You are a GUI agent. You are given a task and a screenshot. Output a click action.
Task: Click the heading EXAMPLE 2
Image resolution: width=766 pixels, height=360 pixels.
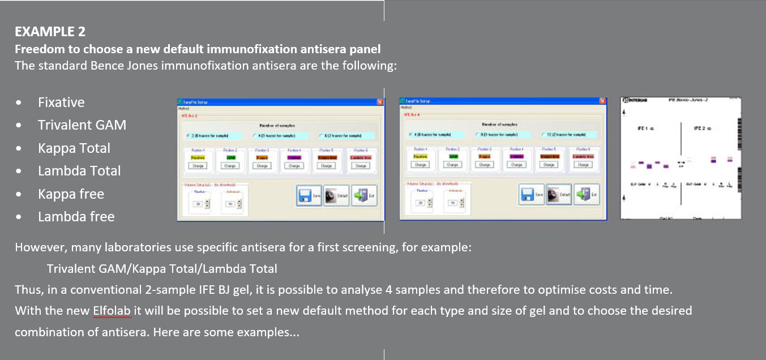pos(50,31)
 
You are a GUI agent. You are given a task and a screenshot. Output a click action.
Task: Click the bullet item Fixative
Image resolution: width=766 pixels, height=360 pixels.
pos(61,102)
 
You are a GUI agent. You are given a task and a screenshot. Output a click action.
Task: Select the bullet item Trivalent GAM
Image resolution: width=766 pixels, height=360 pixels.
pos(82,125)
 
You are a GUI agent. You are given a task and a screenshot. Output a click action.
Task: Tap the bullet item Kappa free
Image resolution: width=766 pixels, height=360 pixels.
pos(71,194)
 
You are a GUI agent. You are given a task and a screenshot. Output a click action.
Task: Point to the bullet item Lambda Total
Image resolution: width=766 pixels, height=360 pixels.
pos(79,171)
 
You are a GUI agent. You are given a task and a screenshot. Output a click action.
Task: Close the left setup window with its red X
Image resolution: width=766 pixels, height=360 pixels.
pos(380,102)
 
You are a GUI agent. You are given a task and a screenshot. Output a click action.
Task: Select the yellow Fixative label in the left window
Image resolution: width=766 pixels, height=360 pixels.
pos(198,157)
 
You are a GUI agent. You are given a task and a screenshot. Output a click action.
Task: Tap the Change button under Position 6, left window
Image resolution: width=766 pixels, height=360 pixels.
pos(360,166)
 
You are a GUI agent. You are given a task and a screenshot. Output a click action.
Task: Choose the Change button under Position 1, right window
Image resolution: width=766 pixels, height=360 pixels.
pos(420,165)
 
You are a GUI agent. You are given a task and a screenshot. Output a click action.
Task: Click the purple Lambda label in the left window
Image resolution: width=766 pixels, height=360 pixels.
pos(294,157)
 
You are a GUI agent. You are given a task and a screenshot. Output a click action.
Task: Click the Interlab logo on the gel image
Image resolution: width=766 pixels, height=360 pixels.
pos(635,100)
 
